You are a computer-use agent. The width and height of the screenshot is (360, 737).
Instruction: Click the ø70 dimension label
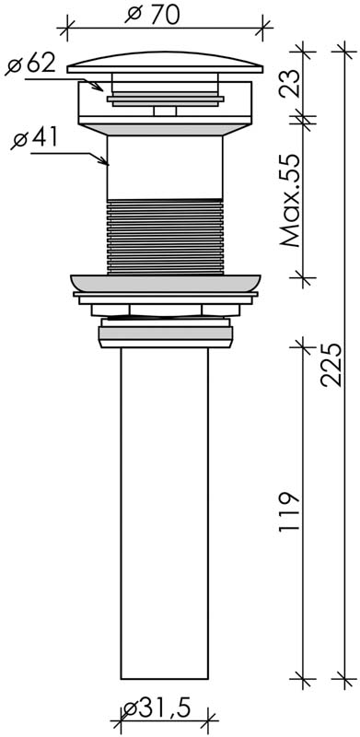coord(165,15)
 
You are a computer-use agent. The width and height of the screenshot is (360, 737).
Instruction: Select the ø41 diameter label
coord(36,140)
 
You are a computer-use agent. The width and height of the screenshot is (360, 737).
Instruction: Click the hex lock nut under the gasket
coord(166,310)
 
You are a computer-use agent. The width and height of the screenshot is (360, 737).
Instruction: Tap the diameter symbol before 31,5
coord(132,708)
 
